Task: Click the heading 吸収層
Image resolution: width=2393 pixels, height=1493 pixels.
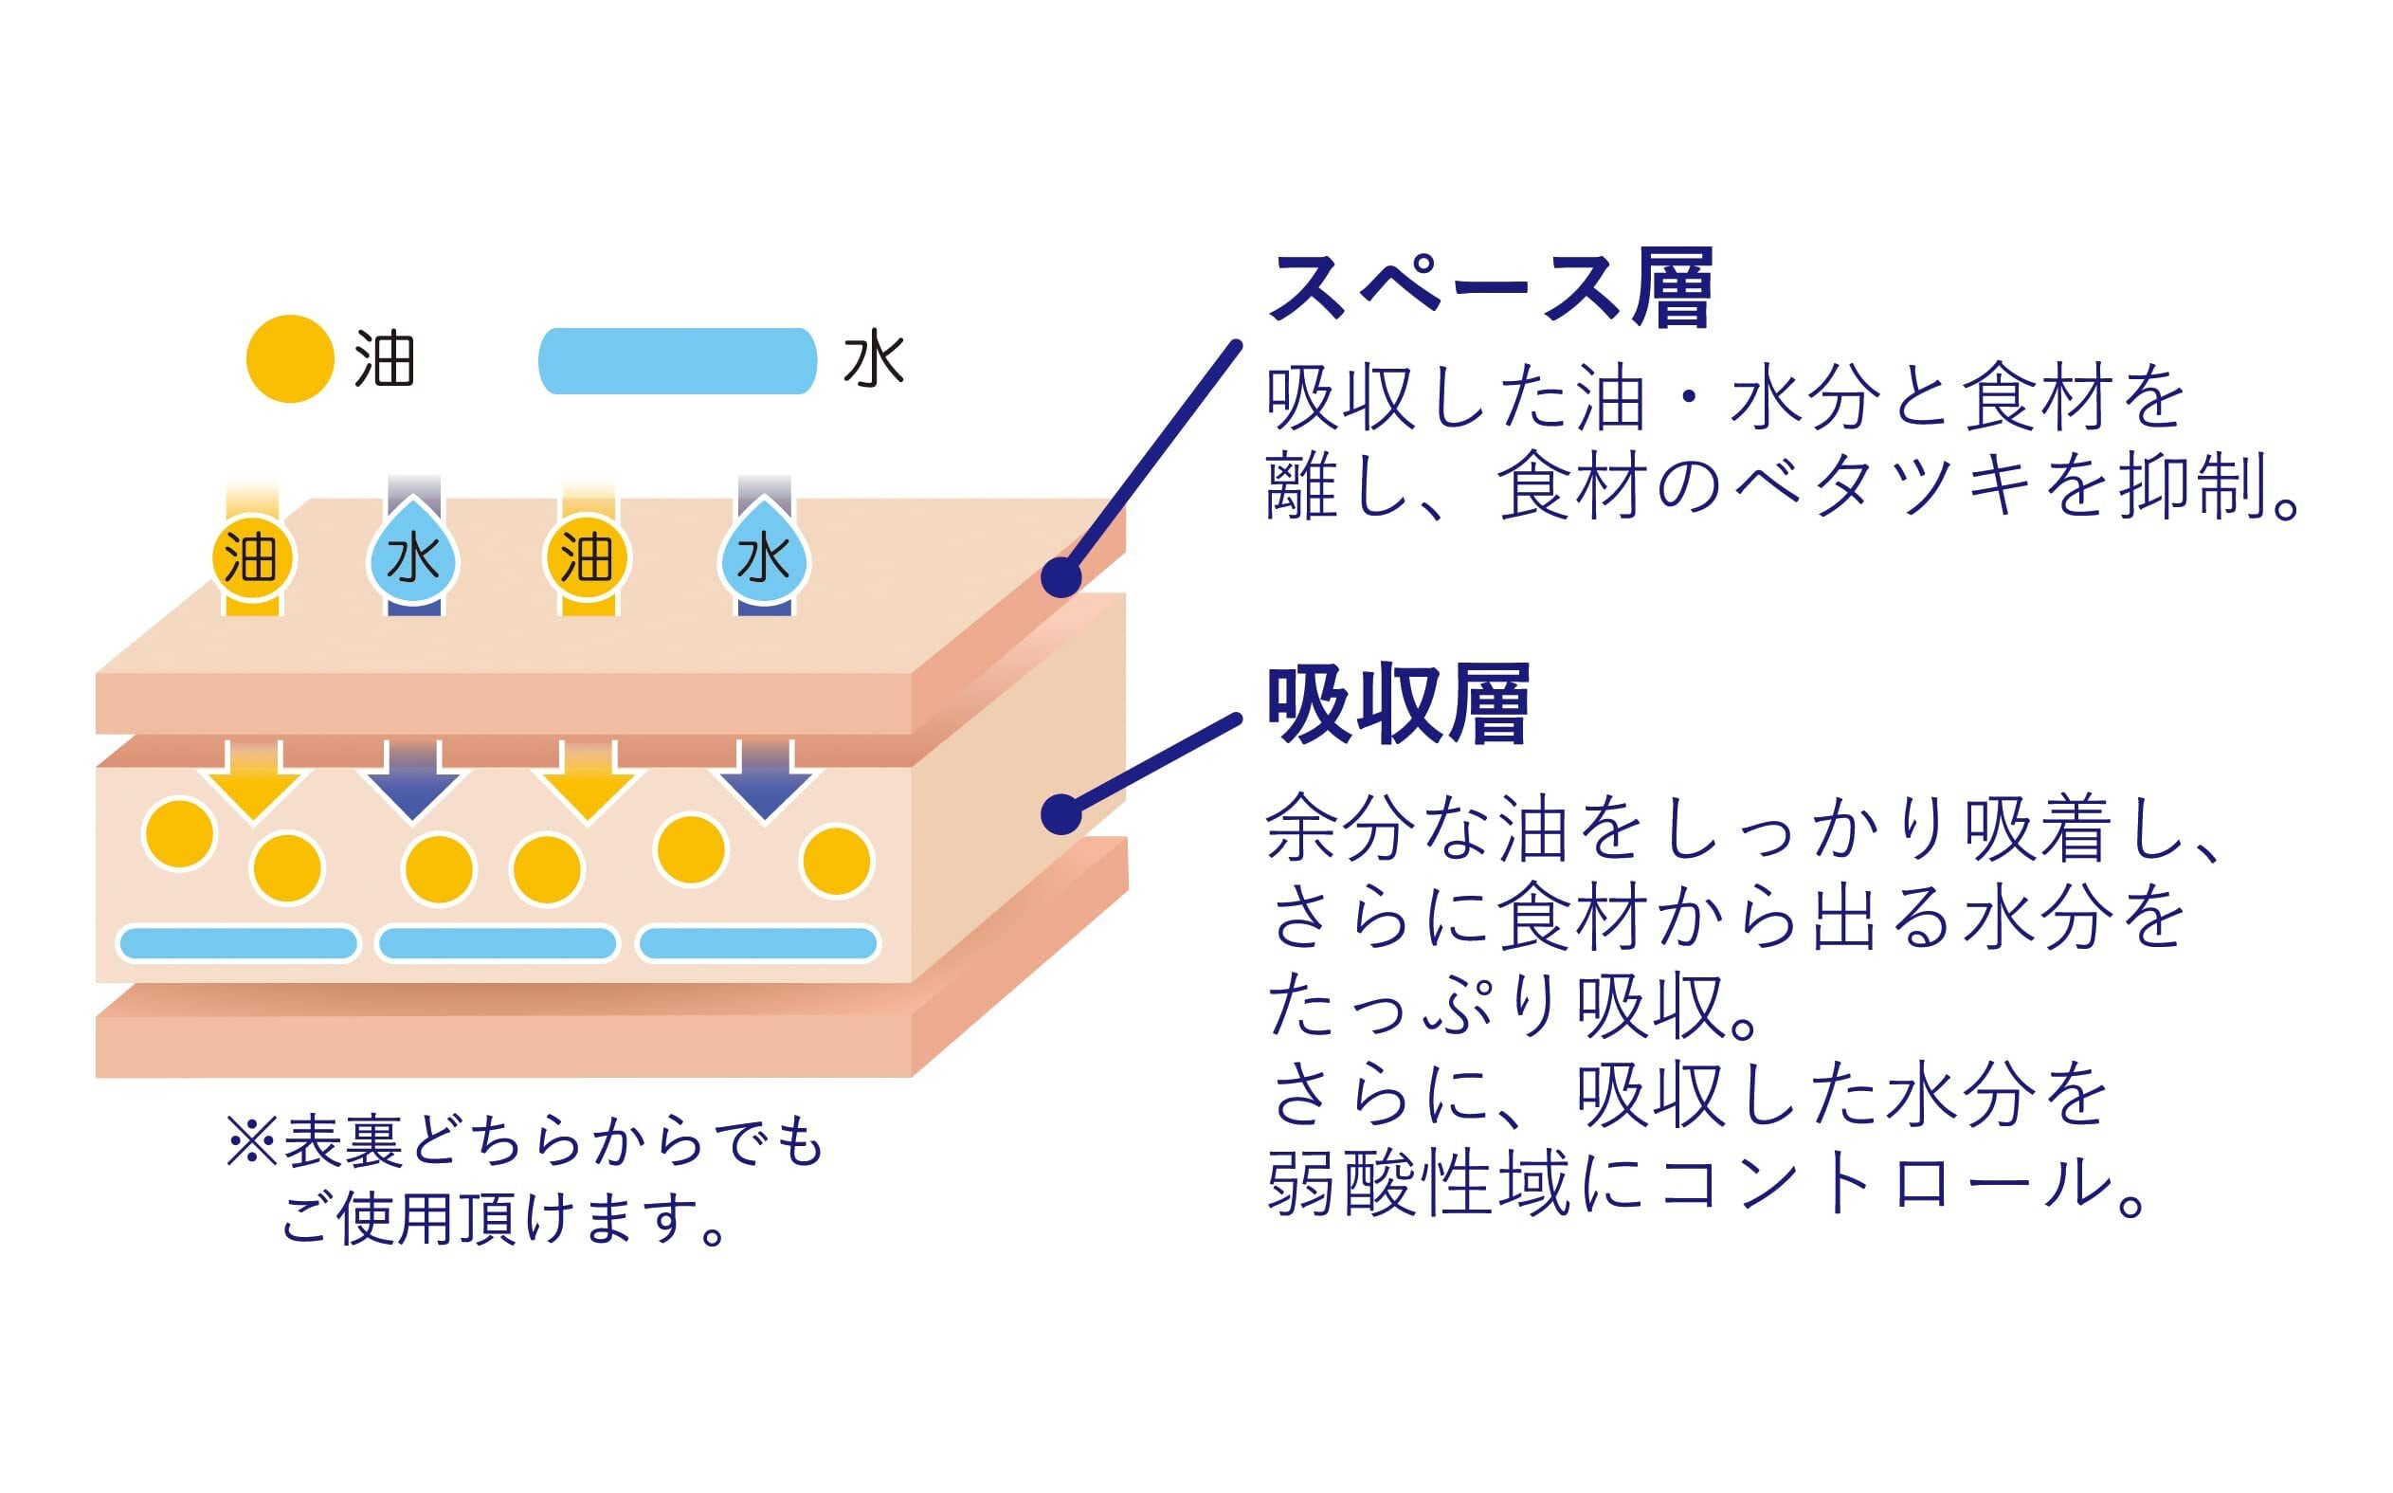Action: pos(1397,704)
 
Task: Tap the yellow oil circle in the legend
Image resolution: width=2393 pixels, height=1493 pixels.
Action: pos(289,358)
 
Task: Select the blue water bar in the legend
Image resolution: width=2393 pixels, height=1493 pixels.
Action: pos(678,361)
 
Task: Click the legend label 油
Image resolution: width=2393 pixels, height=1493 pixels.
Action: pos(384,360)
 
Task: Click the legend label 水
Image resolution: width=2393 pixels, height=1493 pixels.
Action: pos(874,360)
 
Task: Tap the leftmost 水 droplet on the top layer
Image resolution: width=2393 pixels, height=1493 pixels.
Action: pos(412,559)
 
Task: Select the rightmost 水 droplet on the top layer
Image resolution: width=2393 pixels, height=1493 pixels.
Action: pos(763,559)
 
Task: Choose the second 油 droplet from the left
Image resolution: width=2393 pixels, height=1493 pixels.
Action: pos(587,559)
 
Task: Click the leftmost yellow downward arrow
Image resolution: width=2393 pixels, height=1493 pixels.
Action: pos(254,783)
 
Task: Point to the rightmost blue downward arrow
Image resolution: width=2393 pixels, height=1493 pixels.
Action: pos(765,783)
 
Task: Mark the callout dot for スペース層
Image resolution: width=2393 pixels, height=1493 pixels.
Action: pos(1061,576)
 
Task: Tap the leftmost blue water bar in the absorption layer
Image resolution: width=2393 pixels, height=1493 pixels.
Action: pos(237,943)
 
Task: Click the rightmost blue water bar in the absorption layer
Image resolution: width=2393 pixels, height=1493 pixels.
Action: pos(757,943)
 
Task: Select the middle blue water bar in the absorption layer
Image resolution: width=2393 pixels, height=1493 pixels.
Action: pos(497,943)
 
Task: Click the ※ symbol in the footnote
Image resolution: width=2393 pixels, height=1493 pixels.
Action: pos(252,1143)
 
